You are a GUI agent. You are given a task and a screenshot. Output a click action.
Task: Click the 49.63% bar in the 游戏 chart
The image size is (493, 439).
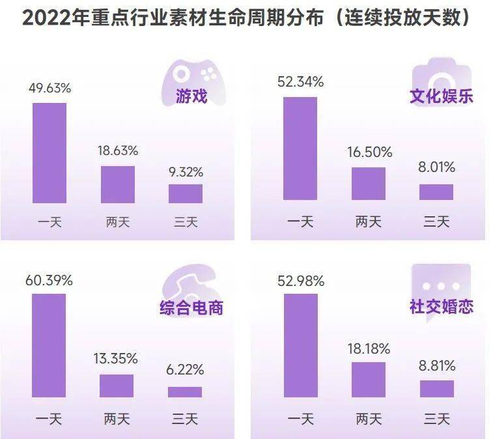point(49,152)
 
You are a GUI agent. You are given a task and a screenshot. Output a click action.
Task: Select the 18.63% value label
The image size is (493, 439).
point(117,150)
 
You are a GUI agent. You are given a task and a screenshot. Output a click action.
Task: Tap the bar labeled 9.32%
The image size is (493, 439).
point(186,193)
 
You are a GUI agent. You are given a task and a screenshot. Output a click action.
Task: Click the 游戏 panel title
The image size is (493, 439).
point(191,96)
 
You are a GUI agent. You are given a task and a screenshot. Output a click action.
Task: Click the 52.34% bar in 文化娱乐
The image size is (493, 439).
point(300,149)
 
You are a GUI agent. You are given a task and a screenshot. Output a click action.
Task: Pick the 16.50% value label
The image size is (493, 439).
point(369,152)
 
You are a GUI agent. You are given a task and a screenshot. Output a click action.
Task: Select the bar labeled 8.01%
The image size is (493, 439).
point(436,192)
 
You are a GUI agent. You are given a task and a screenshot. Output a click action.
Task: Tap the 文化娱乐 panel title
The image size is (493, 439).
point(441,96)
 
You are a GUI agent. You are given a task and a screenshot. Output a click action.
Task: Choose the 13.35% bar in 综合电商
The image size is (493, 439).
point(117,386)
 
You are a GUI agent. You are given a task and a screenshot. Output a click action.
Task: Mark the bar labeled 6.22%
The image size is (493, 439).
point(185,391)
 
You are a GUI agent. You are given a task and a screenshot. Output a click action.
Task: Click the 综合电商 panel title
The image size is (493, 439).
point(191,307)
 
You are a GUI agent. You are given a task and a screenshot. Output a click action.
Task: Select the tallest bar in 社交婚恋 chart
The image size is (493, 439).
point(301,345)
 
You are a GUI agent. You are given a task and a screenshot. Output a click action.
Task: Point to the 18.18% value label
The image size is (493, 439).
point(369,349)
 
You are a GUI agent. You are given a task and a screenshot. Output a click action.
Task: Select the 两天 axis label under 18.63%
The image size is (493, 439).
point(117,221)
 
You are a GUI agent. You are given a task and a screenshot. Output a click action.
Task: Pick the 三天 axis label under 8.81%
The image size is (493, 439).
point(437,418)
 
